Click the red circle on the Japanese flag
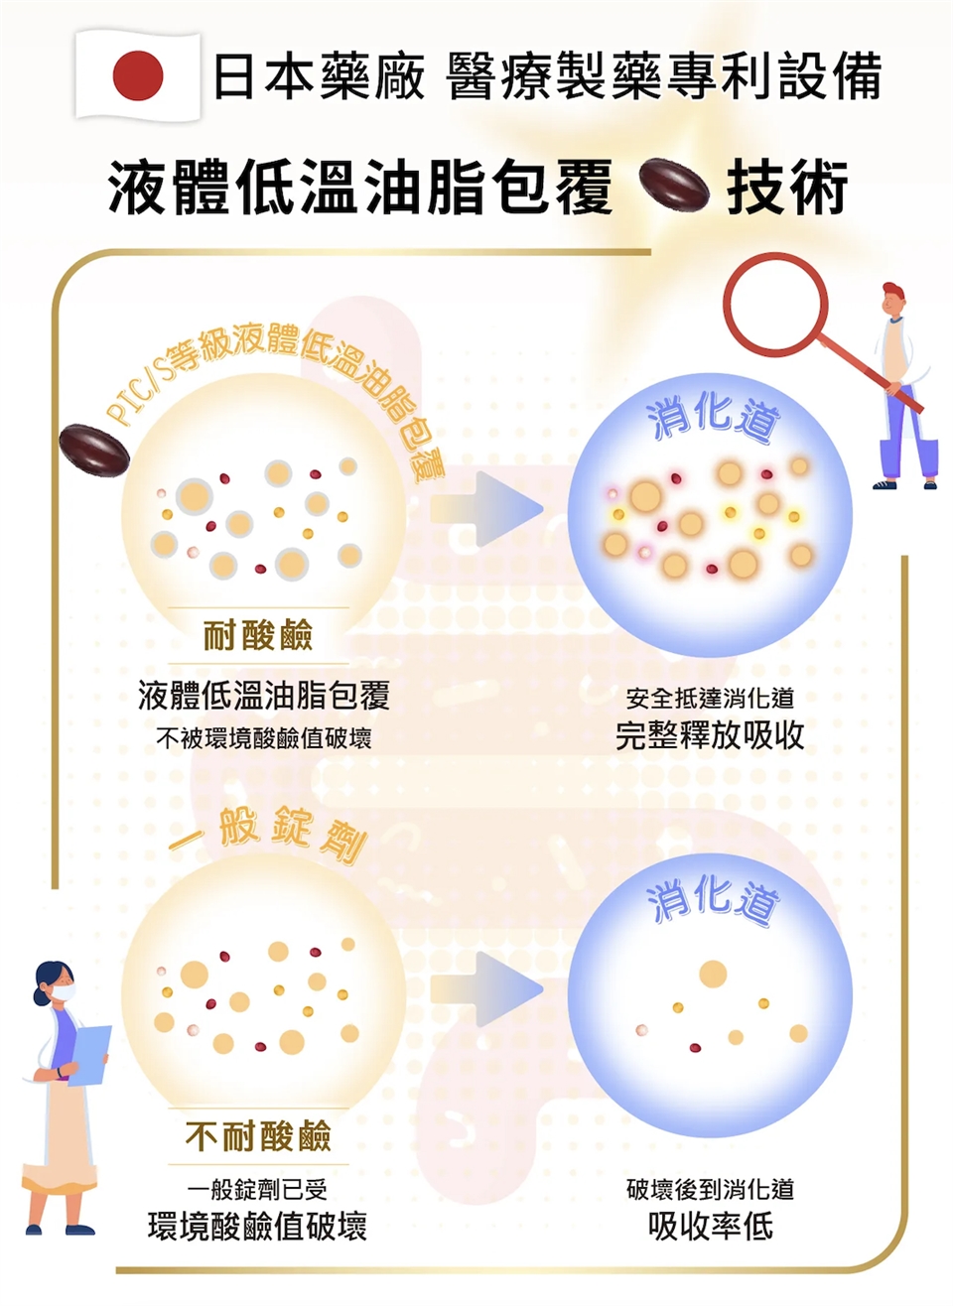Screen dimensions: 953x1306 click(x=138, y=75)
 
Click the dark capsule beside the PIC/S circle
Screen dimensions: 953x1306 click(x=94, y=451)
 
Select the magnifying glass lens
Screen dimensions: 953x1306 click(x=775, y=305)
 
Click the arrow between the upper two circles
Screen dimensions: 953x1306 click(x=487, y=509)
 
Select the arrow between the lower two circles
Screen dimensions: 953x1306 click(x=487, y=989)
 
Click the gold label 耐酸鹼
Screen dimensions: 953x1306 click(x=258, y=635)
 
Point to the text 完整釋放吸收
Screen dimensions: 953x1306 click(x=710, y=735)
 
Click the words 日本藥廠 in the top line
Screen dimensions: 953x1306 click(x=319, y=76)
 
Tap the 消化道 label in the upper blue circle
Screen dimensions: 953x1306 click(x=713, y=419)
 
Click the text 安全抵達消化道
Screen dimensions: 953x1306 click(x=710, y=698)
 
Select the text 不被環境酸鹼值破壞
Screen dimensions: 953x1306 click(x=264, y=738)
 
